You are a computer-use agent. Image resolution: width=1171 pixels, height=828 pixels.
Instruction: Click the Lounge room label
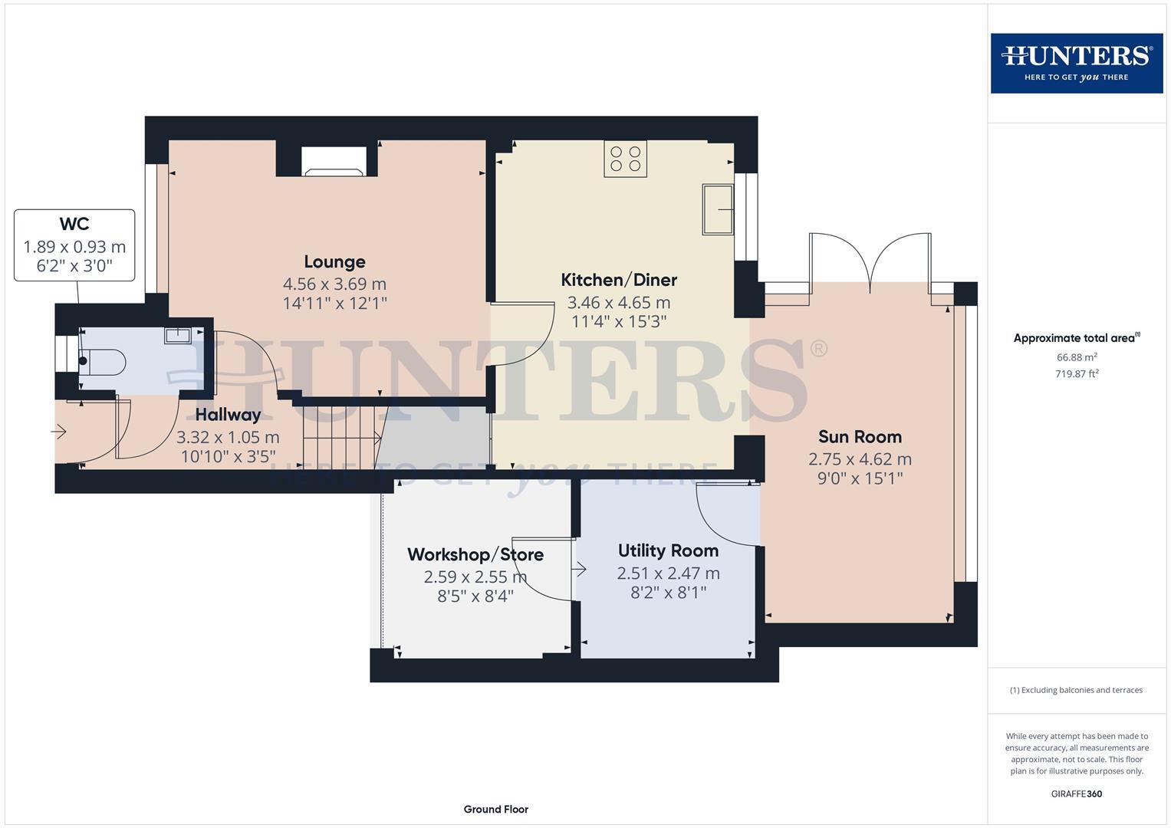tap(334, 262)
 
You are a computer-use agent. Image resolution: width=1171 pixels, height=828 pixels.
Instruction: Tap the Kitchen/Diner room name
tap(619, 280)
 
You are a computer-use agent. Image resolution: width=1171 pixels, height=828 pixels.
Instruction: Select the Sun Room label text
tap(860, 437)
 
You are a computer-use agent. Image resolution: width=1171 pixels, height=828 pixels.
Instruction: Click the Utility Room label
tap(668, 550)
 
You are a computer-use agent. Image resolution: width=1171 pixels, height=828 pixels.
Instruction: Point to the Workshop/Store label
tap(475, 554)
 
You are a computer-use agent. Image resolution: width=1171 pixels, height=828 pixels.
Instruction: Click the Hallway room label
tap(228, 415)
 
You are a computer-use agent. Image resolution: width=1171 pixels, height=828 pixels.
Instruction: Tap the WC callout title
tap(74, 224)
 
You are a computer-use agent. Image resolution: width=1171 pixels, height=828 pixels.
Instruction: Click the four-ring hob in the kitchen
tap(625, 159)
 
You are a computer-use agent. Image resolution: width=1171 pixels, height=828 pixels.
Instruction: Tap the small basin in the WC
tap(177, 335)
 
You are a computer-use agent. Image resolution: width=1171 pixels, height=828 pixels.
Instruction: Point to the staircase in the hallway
tap(342, 437)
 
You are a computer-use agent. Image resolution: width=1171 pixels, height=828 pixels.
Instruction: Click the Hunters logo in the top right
tap(1076, 63)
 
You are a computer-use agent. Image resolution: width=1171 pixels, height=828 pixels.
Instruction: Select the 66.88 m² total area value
tap(1077, 357)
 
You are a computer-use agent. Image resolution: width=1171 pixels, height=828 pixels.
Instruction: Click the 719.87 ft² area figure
tap(1077, 374)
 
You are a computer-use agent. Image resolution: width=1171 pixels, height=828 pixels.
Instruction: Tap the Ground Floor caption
tap(495, 809)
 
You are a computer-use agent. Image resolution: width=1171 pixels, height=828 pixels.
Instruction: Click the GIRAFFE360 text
tap(1077, 793)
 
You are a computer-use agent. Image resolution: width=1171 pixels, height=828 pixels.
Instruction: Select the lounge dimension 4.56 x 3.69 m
tap(334, 284)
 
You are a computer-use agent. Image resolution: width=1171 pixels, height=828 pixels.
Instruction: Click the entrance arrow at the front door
tap(59, 432)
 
